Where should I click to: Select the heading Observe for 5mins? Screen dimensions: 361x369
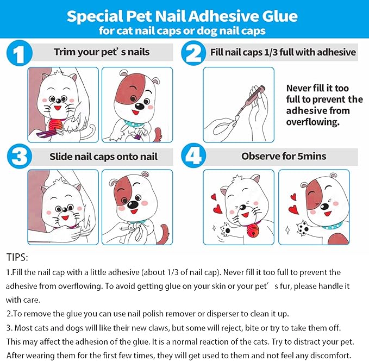(x=284, y=156)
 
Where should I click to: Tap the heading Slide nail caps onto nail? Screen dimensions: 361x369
(x=103, y=157)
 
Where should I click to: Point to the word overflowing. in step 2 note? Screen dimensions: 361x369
(x=312, y=122)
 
